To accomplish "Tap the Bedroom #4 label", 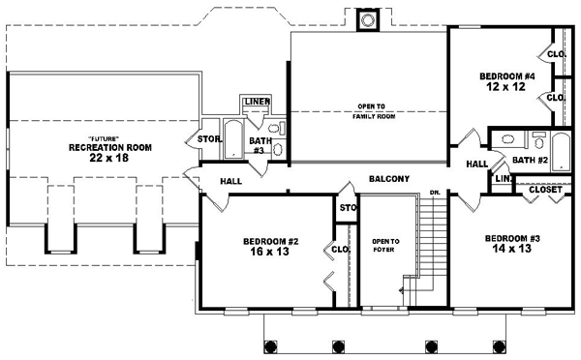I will coord(506,75).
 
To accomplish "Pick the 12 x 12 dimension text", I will coord(506,86).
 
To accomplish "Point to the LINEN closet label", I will coord(257,101).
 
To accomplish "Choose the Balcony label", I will coord(389,179).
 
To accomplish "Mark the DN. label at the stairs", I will coord(436,194).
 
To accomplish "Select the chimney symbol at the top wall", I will coord(367,18).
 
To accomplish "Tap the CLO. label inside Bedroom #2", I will coord(340,249).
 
